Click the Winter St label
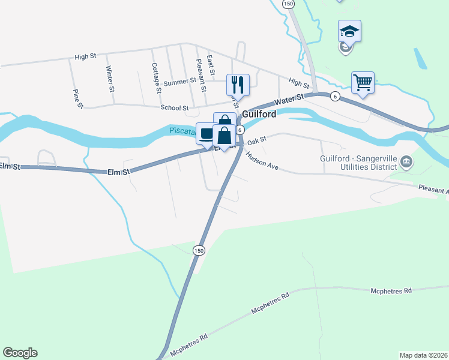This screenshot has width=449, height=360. pyautogui.click(x=110, y=79)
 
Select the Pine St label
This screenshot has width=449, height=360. pyautogui.click(x=77, y=99)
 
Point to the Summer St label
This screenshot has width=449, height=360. pyautogui.click(x=179, y=82)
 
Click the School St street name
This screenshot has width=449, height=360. pyautogui.click(x=175, y=108)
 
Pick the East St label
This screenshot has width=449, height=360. pyautogui.click(x=210, y=65)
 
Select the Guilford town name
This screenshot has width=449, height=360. pyautogui.click(x=259, y=114)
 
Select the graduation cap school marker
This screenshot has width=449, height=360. pyautogui.click(x=349, y=31)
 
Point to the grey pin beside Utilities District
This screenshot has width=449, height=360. pyautogui.click(x=406, y=161)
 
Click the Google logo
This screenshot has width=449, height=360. pyautogui.click(x=20, y=353)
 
